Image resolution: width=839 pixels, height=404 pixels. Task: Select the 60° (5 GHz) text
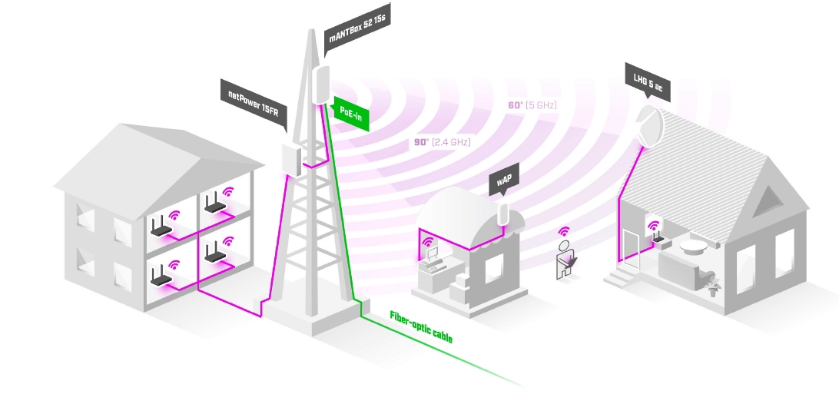(x=531, y=104)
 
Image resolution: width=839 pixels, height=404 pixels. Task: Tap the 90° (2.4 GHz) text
(x=442, y=142)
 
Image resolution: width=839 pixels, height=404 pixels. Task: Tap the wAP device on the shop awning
(x=504, y=214)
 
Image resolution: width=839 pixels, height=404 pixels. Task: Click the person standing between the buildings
(x=565, y=257)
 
